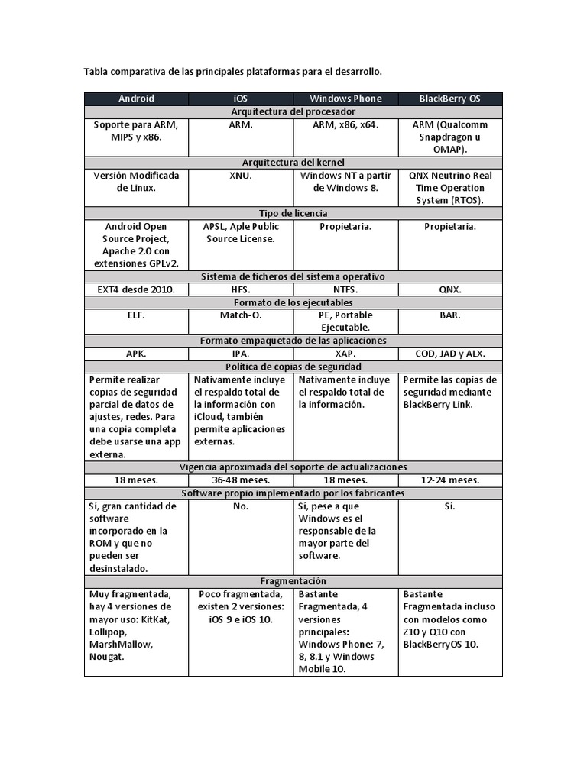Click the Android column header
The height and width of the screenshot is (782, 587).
[136, 99]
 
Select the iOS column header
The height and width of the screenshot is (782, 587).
[241, 99]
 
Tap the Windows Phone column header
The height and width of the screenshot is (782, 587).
[345, 99]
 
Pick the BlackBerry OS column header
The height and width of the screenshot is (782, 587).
[450, 99]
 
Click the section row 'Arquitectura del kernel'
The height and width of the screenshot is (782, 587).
[293, 162]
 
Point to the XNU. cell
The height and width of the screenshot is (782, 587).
[241, 176]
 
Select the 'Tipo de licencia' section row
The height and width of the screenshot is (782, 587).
[293, 213]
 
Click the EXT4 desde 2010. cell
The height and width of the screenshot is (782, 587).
[136, 289]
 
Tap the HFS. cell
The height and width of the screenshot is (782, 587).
[241, 289]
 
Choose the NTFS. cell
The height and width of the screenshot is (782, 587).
[345, 289]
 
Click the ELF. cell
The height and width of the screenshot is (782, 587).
[136, 315]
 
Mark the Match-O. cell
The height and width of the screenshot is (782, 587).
[241, 315]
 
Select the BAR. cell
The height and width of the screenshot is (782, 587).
[450, 315]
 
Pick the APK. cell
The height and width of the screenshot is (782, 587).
[136, 354]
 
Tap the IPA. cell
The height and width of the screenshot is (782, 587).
[241, 354]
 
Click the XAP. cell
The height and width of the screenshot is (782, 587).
[345, 354]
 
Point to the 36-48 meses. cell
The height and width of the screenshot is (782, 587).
[241, 480]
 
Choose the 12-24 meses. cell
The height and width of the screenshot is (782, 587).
[450, 480]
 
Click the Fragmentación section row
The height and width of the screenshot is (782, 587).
[293, 581]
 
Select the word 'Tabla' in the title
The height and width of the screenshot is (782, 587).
[96, 72]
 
